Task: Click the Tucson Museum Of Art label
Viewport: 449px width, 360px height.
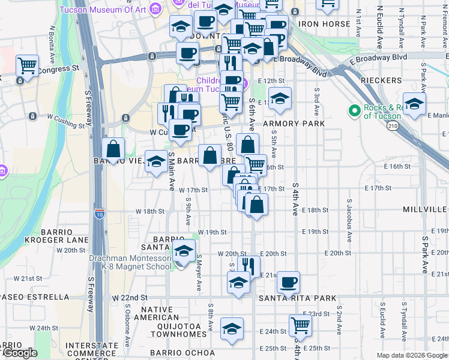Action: coord(103,8)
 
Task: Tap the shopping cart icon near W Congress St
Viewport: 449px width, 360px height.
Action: coord(27,65)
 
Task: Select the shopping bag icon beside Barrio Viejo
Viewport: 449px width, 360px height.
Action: coord(113,148)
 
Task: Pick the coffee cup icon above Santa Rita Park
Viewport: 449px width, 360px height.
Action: coord(289,281)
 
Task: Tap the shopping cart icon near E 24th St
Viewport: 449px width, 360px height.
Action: coord(300,325)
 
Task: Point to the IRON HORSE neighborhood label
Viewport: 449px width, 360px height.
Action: coord(324,24)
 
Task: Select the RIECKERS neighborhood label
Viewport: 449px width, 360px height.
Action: coord(381,80)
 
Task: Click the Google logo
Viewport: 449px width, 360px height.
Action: coord(19,353)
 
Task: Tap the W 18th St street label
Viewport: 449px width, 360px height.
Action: coord(149,211)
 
